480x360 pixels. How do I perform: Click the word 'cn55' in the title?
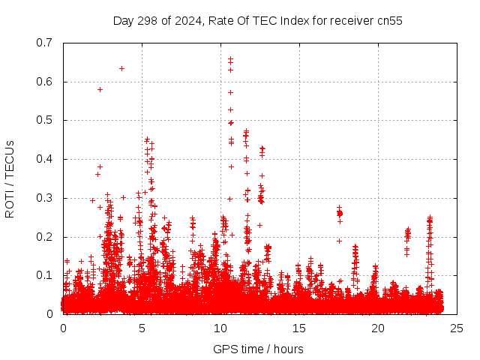(389, 21)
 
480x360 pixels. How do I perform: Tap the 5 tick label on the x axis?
(142, 328)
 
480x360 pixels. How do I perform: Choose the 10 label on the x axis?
(220, 328)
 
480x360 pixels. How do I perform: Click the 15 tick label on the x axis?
(299, 328)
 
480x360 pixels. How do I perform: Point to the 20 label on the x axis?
(378, 328)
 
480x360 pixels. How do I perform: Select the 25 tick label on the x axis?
(457, 328)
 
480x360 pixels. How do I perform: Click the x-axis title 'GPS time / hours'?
(258, 349)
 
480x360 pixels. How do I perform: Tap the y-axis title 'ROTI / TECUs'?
(10, 178)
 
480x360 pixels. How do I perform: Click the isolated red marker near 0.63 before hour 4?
(121, 68)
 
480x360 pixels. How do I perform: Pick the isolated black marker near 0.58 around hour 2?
(100, 89)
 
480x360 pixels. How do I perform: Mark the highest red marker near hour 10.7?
(230, 58)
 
